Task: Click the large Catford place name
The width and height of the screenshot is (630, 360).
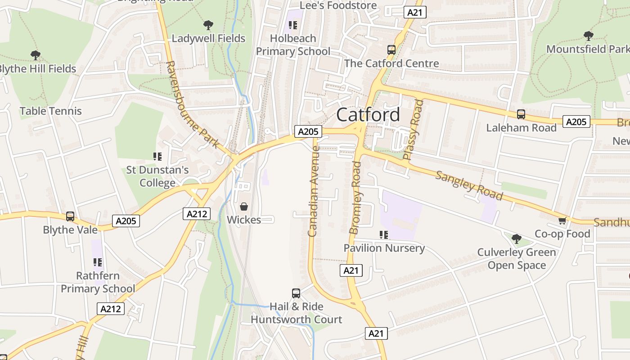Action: pos(368,115)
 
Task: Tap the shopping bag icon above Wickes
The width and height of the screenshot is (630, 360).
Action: pos(244,207)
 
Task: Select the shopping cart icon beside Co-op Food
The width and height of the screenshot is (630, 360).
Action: pos(562,220)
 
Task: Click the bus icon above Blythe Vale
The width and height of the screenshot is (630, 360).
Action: pos(70,216)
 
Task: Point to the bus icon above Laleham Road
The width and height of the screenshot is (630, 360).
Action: pos(521,114)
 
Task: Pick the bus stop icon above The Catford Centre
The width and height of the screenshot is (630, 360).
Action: pos(391,50)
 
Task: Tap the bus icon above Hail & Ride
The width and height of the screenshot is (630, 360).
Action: pos(296,293)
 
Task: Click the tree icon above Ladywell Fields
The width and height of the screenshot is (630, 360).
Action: pos(208,25)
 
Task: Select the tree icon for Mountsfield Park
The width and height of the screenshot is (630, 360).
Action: pos(588,36)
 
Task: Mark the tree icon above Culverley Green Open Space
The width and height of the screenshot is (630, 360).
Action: pos(517,238)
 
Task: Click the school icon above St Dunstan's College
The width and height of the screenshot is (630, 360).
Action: pos(157,157)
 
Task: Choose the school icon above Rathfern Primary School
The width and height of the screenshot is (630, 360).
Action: pos(98,262)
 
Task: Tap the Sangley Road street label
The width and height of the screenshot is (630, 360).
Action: pos(468,185)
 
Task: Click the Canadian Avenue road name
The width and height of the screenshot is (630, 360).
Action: pos(313,191)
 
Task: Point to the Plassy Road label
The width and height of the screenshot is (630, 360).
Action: pos(414,130)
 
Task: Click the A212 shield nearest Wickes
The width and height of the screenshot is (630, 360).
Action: pos(197,214)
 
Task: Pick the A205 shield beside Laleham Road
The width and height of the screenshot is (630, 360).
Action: pos(576,121)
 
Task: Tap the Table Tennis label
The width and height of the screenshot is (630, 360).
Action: pos(51,111)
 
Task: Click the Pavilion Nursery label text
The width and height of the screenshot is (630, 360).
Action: pos(384,248)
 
